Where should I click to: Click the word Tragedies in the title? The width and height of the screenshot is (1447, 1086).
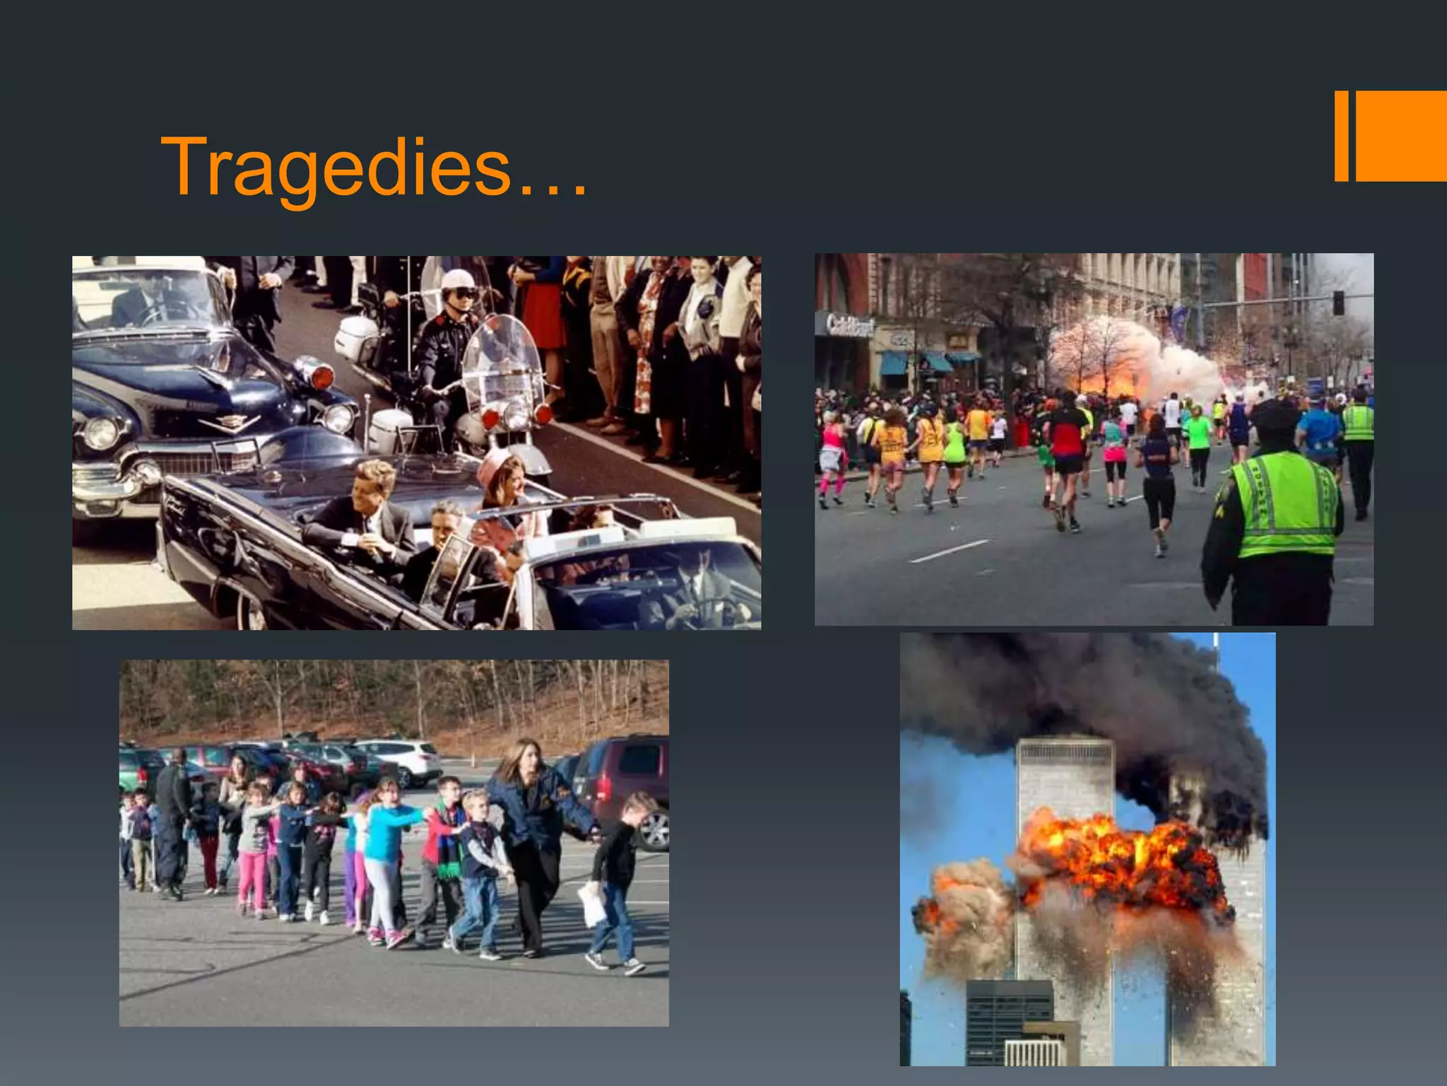[x=336, y=168]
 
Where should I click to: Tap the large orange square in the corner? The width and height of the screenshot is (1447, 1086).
[x=1401, y=136]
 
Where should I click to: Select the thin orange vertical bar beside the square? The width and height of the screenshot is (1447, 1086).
[x=1341, y=136]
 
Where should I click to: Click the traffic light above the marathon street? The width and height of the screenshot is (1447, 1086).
[x=1337, y=303]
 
